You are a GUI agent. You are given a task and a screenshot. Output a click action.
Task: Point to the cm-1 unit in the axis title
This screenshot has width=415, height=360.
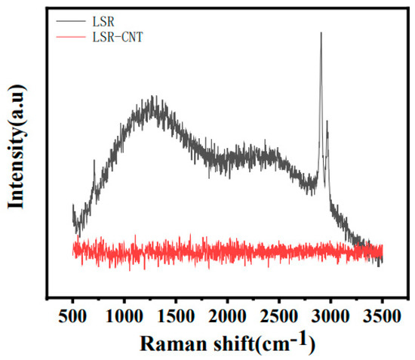[283, 341]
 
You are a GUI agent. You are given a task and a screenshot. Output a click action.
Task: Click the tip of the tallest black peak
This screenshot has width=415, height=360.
[321, 32]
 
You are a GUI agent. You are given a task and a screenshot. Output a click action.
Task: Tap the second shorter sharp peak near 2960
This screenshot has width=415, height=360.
[327, 121]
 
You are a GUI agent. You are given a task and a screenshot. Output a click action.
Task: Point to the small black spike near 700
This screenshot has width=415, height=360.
[94, 160]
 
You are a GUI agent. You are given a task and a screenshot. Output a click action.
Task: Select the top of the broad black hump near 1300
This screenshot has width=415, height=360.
[154, 98]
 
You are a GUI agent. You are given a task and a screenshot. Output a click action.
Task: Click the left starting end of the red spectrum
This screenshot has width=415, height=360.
[73, 250]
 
